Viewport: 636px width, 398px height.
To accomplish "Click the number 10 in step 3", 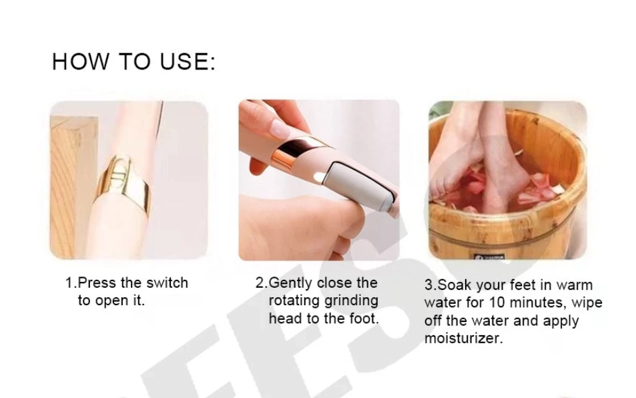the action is click(x=497, y=303).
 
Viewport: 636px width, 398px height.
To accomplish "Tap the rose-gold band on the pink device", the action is click(x=296, y=154).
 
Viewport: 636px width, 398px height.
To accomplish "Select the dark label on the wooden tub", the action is click(x=489, y=256).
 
